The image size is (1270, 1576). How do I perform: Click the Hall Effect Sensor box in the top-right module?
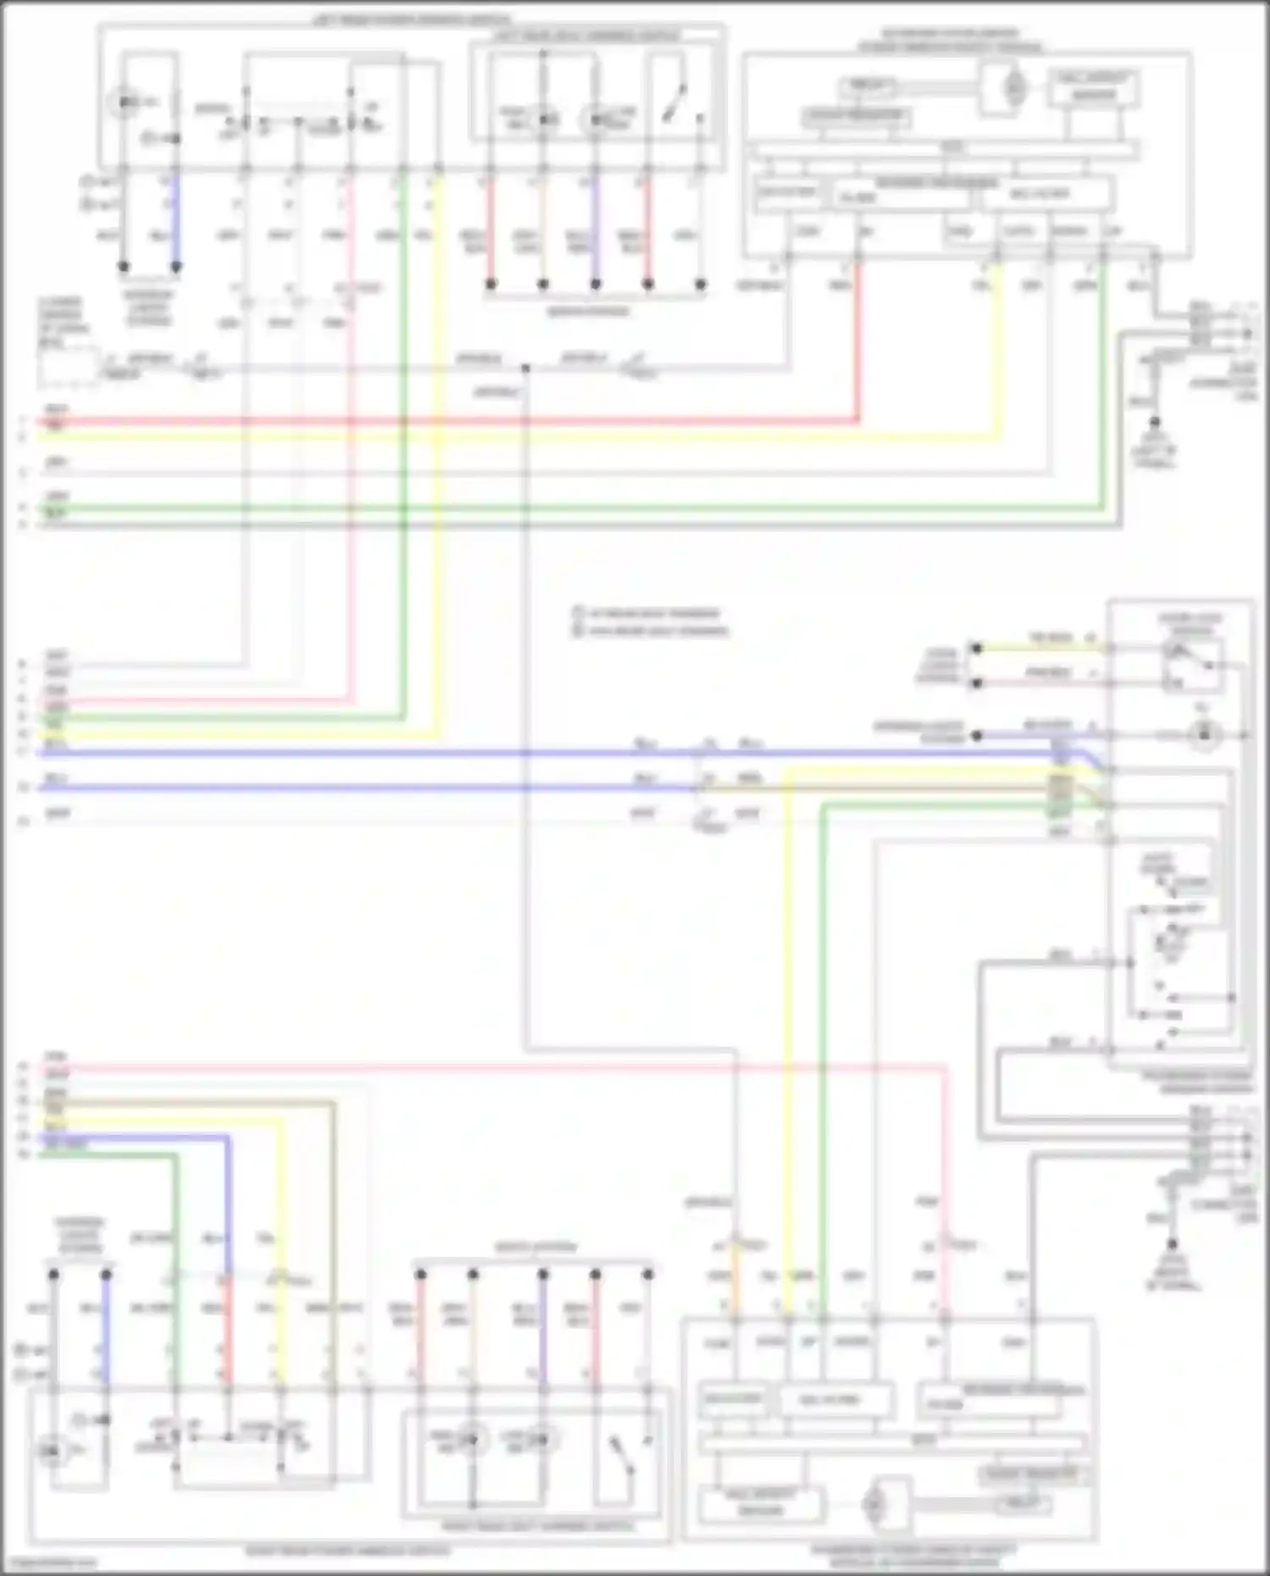pyautogui.click(x=1093, y=87)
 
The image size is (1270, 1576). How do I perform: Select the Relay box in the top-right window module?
pyautogui.click(x=867, y=86)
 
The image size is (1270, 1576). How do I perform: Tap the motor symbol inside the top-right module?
pyautogui.click(x=1013, y=86)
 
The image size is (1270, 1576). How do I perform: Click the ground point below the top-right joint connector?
pyautogui.click(x=1154, y=421)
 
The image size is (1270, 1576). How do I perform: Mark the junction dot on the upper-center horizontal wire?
pyautogui.click(x=526, y=368)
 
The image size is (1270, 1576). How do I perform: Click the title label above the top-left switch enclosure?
pyautogui.click(x=411, y=18)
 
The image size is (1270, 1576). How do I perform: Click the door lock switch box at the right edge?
pyautogui.click(x=1191, y=662)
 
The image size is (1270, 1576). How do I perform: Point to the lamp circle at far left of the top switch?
pyautogui.click(x=125, y=103)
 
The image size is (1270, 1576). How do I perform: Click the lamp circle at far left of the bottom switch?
pyautogui.click(x=51, y=1452)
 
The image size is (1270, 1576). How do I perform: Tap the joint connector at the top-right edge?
pyautogui.click(x=1246, y=323)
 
